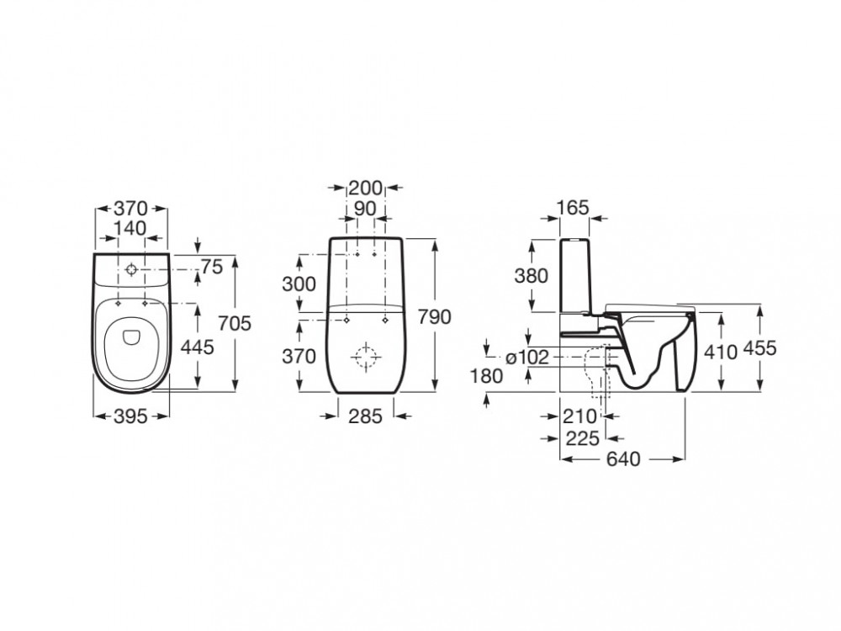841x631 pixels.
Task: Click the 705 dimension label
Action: coord(235,323)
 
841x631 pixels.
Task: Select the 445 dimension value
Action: coord(197,347)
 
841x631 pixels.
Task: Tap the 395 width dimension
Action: coord(131,416)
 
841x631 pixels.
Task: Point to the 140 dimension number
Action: coord(130,228)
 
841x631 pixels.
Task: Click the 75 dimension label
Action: coord(211,266)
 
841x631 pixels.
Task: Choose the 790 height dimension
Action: coord(435,317)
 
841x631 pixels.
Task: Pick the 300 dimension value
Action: coord(299,284)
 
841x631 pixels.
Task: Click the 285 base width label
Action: coord(365,416)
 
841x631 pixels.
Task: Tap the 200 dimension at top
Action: coord(365,188)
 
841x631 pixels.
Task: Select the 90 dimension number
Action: coord(365,209)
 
